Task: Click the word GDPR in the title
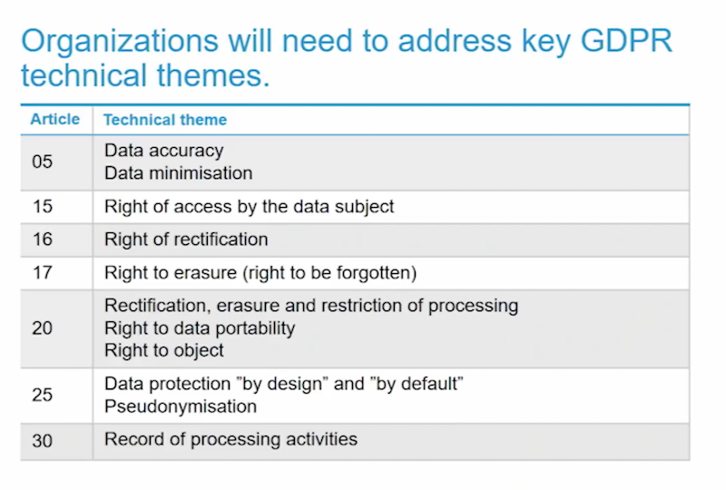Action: (x=626, y=41)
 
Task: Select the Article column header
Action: (x=55, y=119)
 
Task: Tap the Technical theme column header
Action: (x=165, y=120)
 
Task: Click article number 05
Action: (x=42, y=162)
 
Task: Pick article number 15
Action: (x=43, y=206)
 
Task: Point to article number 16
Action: (x=43, y=239)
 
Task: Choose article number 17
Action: (x=43, y=272)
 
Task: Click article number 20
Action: (x=42, y=328)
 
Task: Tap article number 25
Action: (x=42, y=395)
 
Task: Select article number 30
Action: (x=42, y=440)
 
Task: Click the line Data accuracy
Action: (x=164, y=151)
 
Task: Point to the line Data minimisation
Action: (x=178, y=173)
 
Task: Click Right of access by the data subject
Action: (x=249, y=207)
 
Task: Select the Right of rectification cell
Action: (x=186, y=240)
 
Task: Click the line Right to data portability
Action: (x=200, y=328)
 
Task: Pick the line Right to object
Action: (x=164, y=350)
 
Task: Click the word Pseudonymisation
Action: (x=181, y=407)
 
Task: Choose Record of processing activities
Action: (x=231, y=439)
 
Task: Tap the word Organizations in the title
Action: (x=120, y=42)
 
